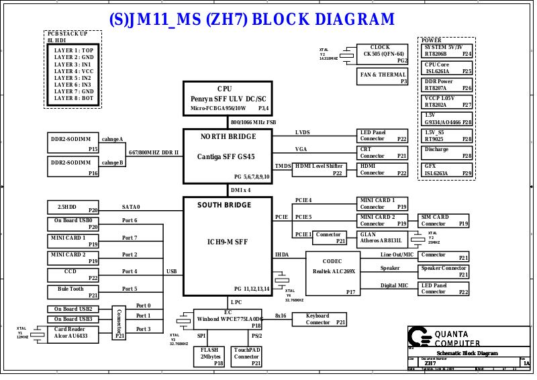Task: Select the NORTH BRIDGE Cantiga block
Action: tap(227, 155)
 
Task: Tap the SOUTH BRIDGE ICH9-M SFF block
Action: tap(227, 245)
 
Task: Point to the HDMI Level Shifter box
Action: tap(319, 169)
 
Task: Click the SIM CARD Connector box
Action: tap(444, 220)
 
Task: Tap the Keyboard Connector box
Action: tap(318, 319)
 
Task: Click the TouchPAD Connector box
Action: tap(247, 357)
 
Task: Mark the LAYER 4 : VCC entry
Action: tap(74, 71)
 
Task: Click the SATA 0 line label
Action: tap(131, 207)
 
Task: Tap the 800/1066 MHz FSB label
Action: tap(253, 123)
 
